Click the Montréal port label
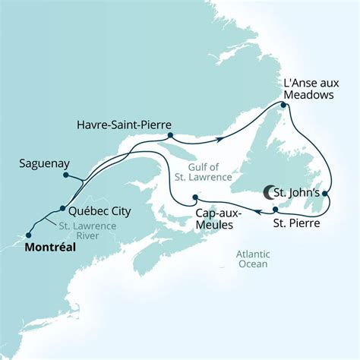pos(55,248)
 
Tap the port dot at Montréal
pos(29,235)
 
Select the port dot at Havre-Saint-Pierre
pos(171,137)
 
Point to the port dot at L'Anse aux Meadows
pos(283,107)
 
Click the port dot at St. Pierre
pos(274,207)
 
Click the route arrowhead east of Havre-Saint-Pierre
pos(219,138)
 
